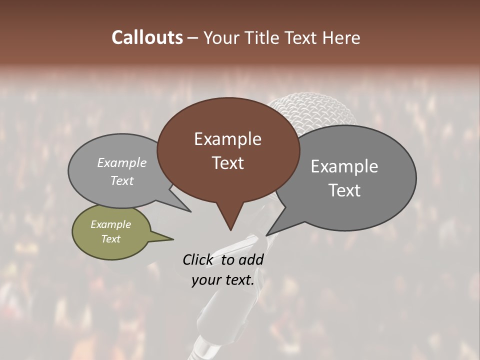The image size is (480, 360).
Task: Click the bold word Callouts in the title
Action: [147, 38]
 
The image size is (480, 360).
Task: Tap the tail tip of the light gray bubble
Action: [190, 211]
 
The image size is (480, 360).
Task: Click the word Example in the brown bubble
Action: [227, 139]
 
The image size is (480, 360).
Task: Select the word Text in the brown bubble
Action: [227, 163]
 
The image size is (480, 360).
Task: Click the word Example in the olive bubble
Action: [110, 224]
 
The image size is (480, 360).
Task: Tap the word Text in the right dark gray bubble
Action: [344, 190]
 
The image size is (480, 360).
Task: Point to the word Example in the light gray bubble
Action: [121, 162]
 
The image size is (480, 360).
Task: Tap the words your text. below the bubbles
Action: [223, 280]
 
